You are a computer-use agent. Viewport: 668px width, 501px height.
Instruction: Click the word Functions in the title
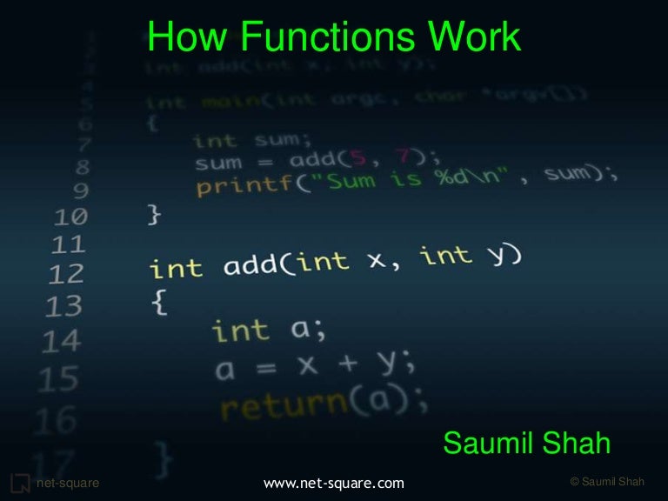coord(317,37)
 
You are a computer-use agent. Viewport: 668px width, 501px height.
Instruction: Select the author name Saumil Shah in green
coord(527,444)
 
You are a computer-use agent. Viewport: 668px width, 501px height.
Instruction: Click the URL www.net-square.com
coord(333,482)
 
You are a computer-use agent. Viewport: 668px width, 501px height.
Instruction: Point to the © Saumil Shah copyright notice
coord(606,482)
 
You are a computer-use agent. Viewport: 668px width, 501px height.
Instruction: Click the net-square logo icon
coord(19,482)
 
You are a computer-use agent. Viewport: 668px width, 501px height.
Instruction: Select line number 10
coord(65,216)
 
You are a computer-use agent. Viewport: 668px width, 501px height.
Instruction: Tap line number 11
coord(65,244)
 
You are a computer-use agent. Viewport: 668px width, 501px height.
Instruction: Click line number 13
coord(64,306)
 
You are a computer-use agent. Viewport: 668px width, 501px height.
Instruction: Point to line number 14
coord(61,342)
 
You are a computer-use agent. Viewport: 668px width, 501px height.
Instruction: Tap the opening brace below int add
coord(159,303)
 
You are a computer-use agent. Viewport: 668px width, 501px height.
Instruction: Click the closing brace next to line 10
coord(155,213)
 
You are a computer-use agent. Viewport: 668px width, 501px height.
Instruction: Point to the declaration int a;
coord(268,330)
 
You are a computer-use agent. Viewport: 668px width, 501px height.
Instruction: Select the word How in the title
coord(177,37)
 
